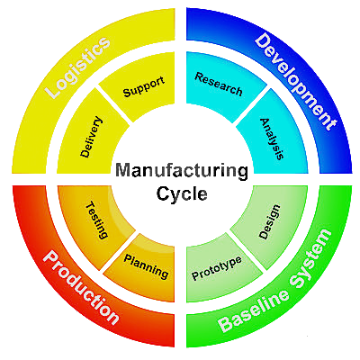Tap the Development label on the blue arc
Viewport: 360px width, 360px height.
pyautogui.click(x=296, y=82)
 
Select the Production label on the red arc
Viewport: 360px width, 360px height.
pyautogui.click(x=80, y=288)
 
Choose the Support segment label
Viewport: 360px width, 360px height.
pyautogui.click(x=144, y=86)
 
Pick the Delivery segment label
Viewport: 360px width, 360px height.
pyautogui.click(x=92, y=137)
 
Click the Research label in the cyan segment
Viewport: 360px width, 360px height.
pyautogui.click(x=219, y=85)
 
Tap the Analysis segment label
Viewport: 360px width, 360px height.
pyautogui.click(x=272, y=139)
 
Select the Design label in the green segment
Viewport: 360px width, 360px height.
pyautogui.click(x=269, y=222)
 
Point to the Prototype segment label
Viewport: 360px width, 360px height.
pyautogui.click(x=217, y=268)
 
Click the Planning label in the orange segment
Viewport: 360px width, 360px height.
pyautogui.click(x=146, y=266)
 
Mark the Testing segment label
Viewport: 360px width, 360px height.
pyautogui.click(x=97, y=220)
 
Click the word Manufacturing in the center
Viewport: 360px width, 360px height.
pyautogui.click(x=182, y=171)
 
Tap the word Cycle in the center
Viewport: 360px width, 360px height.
pyautogui.click(x=182, y=193)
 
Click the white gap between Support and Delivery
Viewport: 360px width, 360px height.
pyautogui.click(x=113, y=105)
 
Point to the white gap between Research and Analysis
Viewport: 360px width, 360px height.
pyautogui.click(x=250, y=105)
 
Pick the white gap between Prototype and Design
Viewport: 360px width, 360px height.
pyautogui.click(x=247, y=251)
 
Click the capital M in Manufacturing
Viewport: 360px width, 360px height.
pyautogui.click(x=122, y=170)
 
